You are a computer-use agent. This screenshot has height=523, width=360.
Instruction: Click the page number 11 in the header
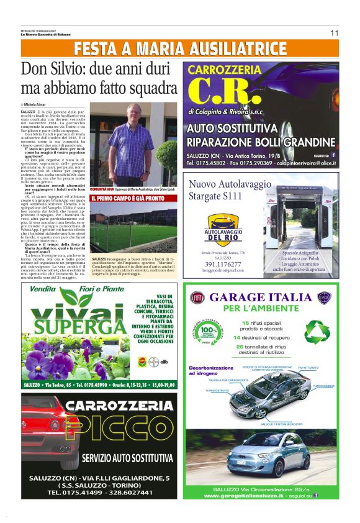334,33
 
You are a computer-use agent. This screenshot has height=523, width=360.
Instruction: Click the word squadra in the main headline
147,88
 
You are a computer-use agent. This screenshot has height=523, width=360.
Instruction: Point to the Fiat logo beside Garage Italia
197,298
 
